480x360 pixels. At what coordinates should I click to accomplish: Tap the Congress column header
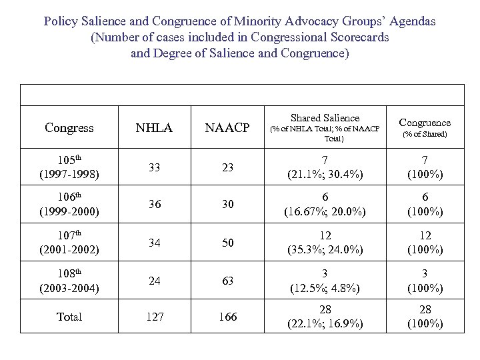tap(69, 127)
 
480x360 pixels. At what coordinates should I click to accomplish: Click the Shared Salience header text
tap(325, 117)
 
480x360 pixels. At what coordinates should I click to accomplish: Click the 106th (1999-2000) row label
tap(69, 205)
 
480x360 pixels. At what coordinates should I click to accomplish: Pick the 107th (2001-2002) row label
tap(69, 242)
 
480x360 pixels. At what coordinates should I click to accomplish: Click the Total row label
tap(69, 317)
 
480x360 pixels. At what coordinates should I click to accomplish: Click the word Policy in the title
tap(61, 21)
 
